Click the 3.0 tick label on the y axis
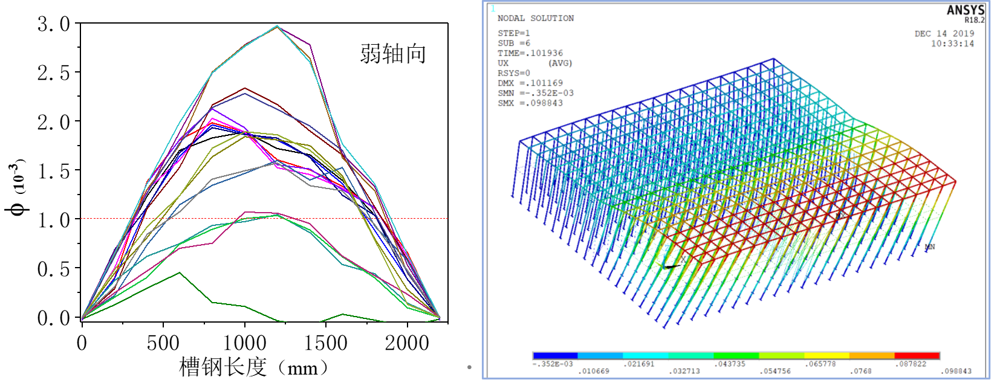(x=53, y=24)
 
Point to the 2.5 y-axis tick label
(x=53, y=73)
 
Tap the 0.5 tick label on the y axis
(x=53, y=269)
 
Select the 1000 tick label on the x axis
(x=244, y=343)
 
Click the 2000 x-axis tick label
(x=407, y=343)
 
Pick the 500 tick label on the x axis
(x=163, y=343)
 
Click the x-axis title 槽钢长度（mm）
(x=254, y=367)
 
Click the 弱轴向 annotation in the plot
(x=393, y=54)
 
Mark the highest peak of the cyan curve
(x=277, y=26)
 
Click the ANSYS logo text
(x=965, y=10)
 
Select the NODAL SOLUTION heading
(x=536, y=18)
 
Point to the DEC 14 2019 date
(x=944, y=34)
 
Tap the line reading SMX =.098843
(x=530, y=103)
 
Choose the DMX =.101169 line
(x=530, y=83)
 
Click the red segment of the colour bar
(x=917, y=356)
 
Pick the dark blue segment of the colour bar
(x=555, y=356)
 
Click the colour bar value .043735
(x=730, y=364)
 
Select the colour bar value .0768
(x=862, y=371)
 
